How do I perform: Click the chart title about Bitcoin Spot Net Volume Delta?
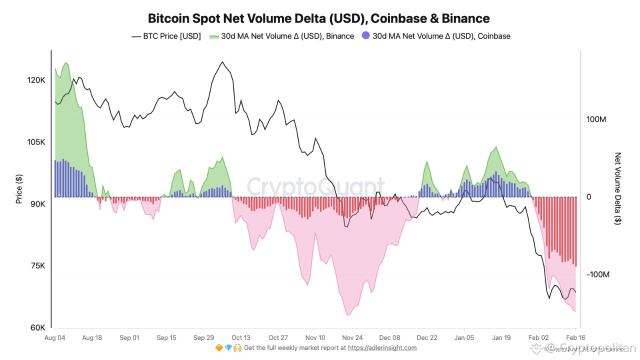click(319, 18)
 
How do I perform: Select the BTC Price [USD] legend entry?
click(166, 36)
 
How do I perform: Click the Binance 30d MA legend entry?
click(281, 36)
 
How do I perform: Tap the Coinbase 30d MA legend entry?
click(435, 36)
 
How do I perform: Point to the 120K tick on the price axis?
click(36, 80)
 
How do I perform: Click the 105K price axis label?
click(36, 142)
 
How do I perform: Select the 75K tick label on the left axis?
click(37, 266)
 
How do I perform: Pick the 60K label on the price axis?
click(37, 328)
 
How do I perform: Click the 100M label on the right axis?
click(596, 119)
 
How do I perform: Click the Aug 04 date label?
click(54, 337)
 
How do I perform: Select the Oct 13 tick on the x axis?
click(241, 337)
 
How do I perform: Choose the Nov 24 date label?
click(352, 337)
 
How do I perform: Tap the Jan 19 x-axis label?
click(501, 337)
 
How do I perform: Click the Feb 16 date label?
click(575, 337)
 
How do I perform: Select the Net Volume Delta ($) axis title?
click(618, 188)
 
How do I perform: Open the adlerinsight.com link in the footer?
click(382, 347)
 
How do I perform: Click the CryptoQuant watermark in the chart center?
click(316, 187)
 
